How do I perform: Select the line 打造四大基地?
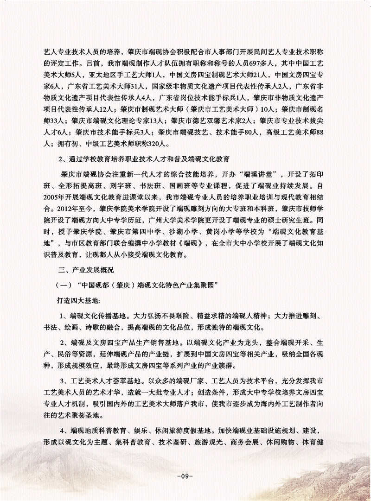pyautogui.click(x=77, y=300)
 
